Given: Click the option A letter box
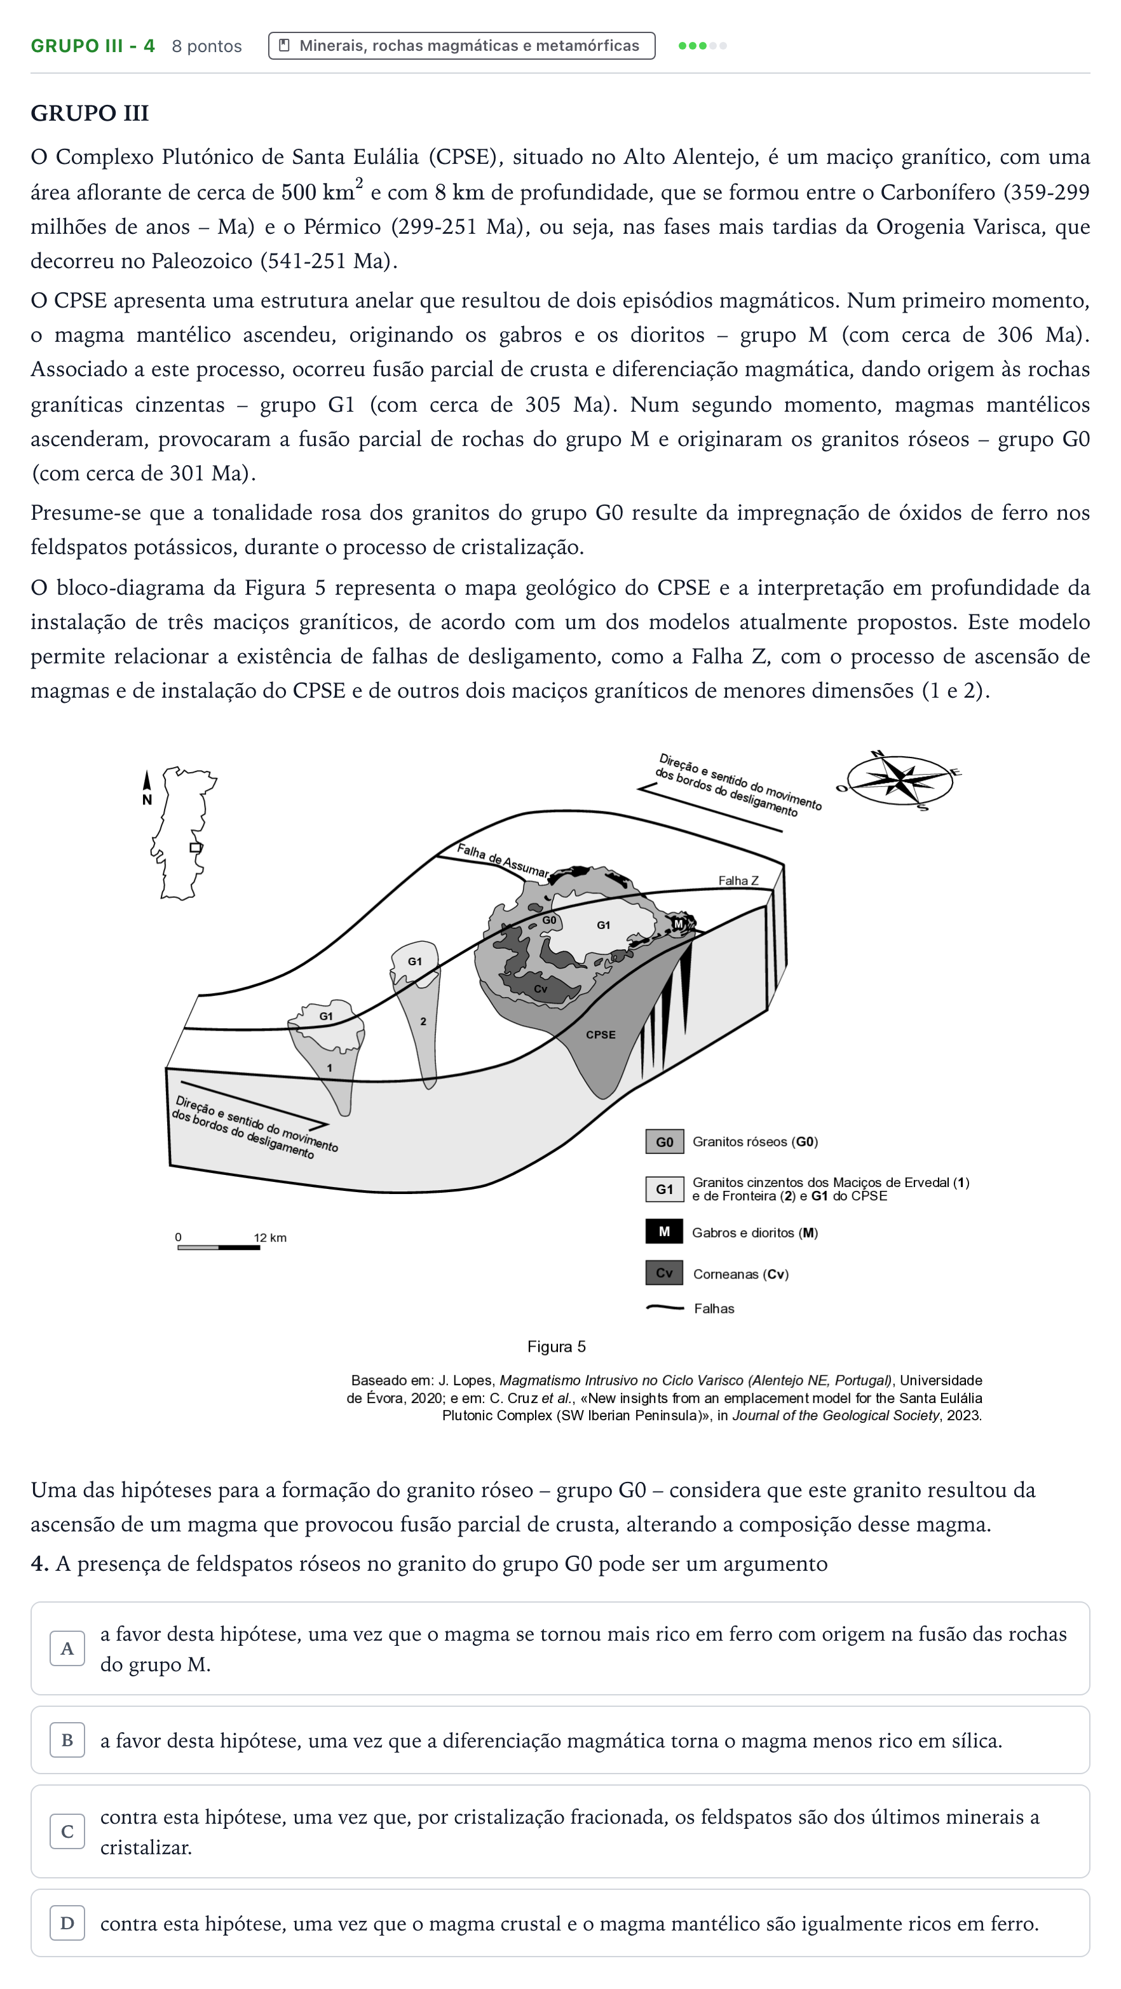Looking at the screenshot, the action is click(x=67, y=1648).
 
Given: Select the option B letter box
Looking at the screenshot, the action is click(x=67, y=1741).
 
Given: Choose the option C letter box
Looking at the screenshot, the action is click(x=67, y=1831).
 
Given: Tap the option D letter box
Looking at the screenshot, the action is click(x=67, y=1924).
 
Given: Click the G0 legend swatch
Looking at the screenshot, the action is click(x=664, y=1141).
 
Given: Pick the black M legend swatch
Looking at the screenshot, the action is click(x=664, y=1232).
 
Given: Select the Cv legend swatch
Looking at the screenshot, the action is click(x=664, y=1272).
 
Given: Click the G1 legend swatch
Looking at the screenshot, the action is click(x=664, y=1189).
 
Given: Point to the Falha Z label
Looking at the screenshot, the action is click(x=738, y=880).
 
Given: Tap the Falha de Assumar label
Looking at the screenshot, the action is click(x=503, y=861).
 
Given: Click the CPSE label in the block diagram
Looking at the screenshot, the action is click(x=601, y=1035).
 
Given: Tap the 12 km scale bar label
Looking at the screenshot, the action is click(x=270, y=1238).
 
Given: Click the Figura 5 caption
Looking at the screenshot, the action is click(x=557, y=1347).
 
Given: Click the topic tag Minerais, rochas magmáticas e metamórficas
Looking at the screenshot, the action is click(x=461, y=46).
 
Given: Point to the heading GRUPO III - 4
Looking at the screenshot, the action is click(x=93, y=46).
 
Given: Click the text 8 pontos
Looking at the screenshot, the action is click(x=207, y=46).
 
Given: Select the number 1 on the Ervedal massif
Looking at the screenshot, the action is click(x=329, y=1068).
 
